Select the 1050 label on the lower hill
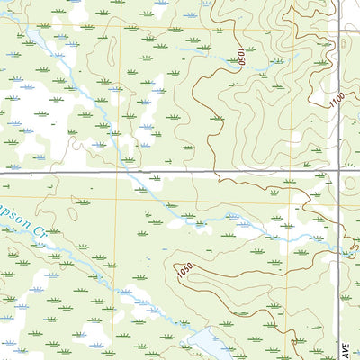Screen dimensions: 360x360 click(x=184, y=271)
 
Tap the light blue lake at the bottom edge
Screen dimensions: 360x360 click(x=208, y=343)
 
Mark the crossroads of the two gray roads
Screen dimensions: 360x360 click(x=339, y=171)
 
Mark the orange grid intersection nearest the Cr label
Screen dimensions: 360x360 click(x=116, y=198)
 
